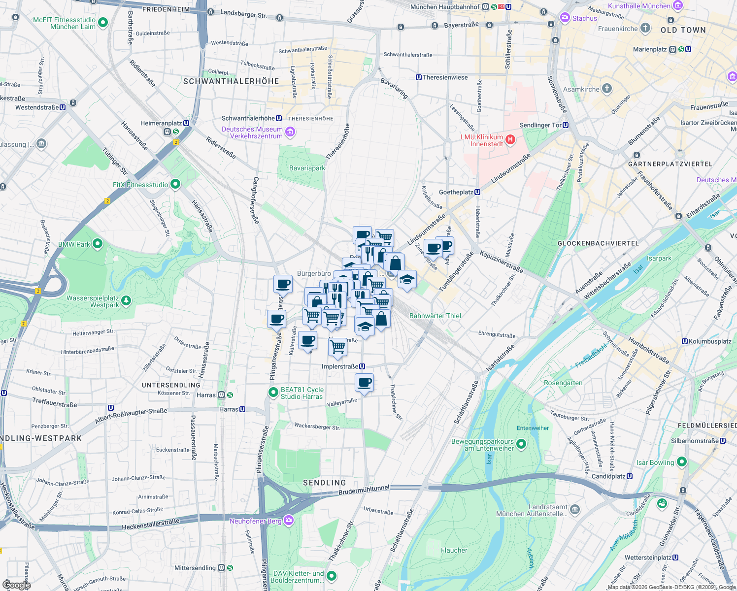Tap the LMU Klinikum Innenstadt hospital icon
pyautogui.click(x=510, y=140)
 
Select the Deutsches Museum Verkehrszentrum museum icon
pyautogui.click(x=290, y=131)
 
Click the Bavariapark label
pyautogui.click(x=307, y=168)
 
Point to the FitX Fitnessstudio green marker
pyautogui.click(x=175, y=184)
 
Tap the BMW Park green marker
pyautogui.click(x=98, y=243)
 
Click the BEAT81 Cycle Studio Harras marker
pyautogui.click(x=273, y=392)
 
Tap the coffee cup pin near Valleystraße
pyautogui.click(x=364, y=382)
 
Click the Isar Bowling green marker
pyautogui.click(x=682, y=461)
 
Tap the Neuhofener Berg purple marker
pyautogui.click(x=289, y=520)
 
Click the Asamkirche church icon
pyautogui.click(x=607, y=89)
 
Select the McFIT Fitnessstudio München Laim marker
pyautogui.click(x=103, y=22)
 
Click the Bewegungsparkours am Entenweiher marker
pyautogui.click(x=521, y=444)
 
